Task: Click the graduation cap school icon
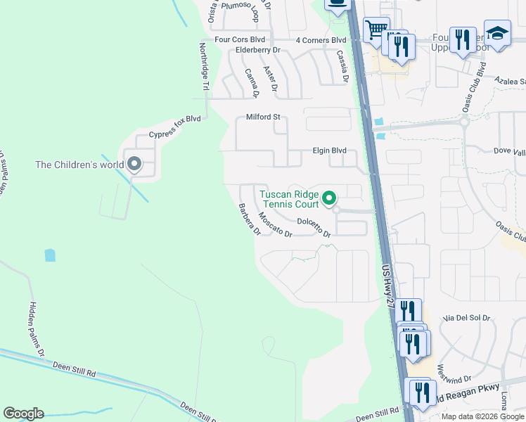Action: click(x=497, y=33)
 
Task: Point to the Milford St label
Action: click(x=263, y=117)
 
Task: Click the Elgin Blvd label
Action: click(x=330, y=151)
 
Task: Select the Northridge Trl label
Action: click(x=204, y=67)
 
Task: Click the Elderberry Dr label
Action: click(x=258, y=51)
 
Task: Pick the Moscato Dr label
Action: click(x=275, y=224)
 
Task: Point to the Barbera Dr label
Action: click(x=250, y=219)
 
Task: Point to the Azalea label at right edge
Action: click(x=511, y=81)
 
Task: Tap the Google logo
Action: click(x=23, y=414)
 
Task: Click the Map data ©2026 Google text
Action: click(x=482, y=416)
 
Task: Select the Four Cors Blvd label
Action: click(x=240, y=40)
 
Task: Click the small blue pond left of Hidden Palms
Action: click(x=50, y=255)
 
